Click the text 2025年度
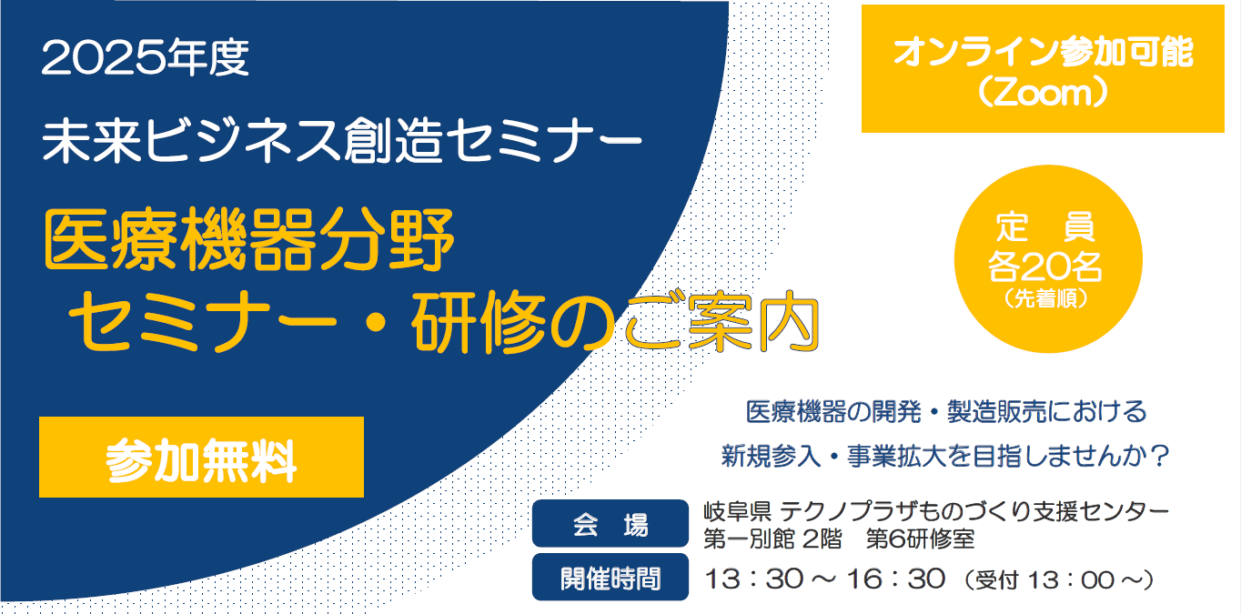pyautogui.click(x=146, y=58)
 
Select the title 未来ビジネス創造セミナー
pyautogui.click(x=342, y=141)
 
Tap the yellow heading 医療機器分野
pyautogui.click(x=249, y=240)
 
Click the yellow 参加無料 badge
pyautogui.click(x=201, y=458)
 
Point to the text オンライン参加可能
pyautogui.click(x=1044, y=53)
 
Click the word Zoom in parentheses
pyautogui.click(x=1043, y=94)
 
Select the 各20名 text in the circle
pyautogui.click(x=1045, y=267)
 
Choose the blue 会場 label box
pyautogui.click(x=610, y=524)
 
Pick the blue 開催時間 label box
pyautogui.click(x=610, y=577)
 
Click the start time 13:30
pyautogui.click(x=754, y=579)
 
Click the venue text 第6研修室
pyautogui.click(x=920, y=539)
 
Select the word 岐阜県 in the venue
pyautogui.click(x=737, y=511)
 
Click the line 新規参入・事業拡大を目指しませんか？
pyautogui.click(x=945, y=457)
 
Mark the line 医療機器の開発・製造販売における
pyautogui.click(x=946, y=412)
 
